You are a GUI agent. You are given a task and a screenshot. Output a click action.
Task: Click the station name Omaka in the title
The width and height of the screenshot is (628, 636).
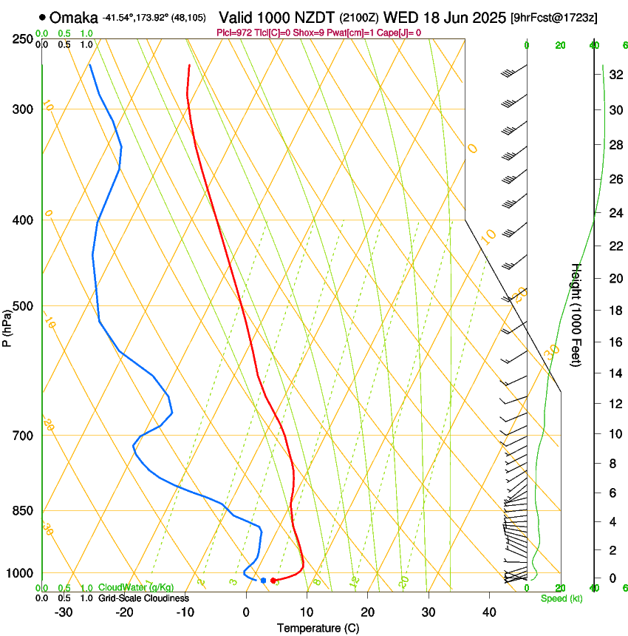tap(74, 16)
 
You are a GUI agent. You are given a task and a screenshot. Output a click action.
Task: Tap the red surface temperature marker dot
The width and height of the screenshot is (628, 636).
tap(273, 581)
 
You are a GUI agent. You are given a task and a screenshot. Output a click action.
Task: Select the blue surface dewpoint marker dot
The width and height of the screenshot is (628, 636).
tap(263, 581)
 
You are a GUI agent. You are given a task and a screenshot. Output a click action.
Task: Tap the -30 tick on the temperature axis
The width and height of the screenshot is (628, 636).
tap(64, 612)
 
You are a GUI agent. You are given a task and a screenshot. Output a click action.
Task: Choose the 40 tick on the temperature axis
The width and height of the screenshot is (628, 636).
tap(488, 612)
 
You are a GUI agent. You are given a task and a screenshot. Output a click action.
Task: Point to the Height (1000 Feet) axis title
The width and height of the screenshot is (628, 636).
tap(577, 315)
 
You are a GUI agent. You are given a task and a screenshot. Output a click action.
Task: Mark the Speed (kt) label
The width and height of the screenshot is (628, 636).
tap(561, 598)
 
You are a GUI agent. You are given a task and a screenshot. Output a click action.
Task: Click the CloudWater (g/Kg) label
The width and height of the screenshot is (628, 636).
tap(136, 588)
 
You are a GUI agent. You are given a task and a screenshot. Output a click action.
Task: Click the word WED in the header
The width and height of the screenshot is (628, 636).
tap(397, 16)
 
